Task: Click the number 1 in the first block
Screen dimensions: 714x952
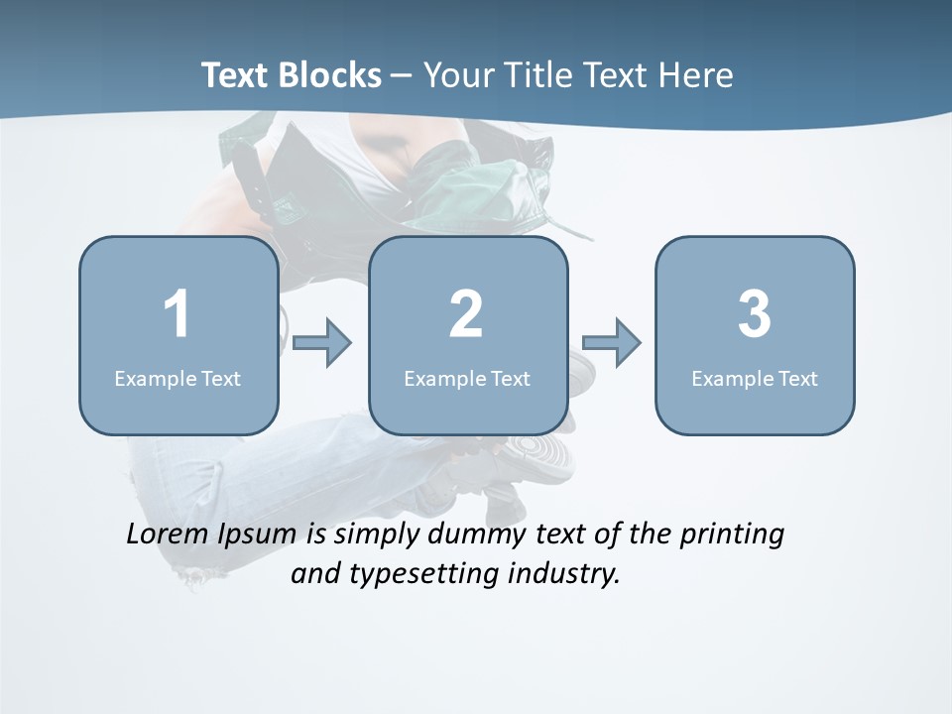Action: click(x=177, y=314)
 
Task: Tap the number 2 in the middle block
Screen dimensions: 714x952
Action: click(x=466, y=314)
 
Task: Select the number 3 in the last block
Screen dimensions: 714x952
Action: click(x=755, y=314)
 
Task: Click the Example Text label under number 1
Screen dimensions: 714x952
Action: click(x=178, y=378)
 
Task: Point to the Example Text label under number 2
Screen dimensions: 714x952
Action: click(x=467, y=378)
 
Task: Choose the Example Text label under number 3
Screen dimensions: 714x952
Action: click(x=755, y=378)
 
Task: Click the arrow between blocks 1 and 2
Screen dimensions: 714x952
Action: click(x=322, y=343)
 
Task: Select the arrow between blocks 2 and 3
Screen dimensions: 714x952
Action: click(x=611, y=343)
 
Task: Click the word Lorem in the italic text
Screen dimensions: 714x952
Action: click(x=168, y=534)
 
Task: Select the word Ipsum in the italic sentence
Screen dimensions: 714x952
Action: click(x=256, y=535)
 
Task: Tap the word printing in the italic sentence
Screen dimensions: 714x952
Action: click(x=732, y=535)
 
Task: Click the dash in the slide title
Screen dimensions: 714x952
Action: click(x=402, y=76)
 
